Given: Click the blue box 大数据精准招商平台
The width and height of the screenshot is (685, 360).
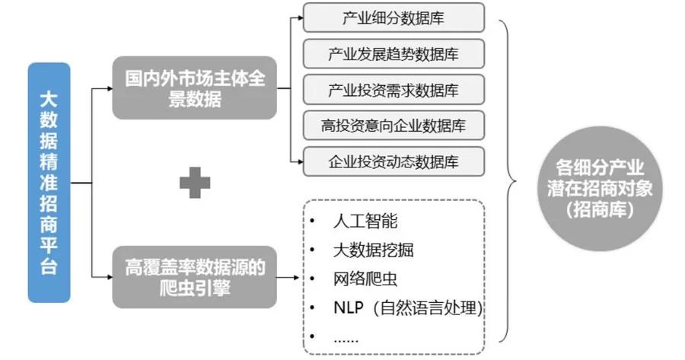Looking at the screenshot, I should (49, 183).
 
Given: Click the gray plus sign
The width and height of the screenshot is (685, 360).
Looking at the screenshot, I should (195, 183).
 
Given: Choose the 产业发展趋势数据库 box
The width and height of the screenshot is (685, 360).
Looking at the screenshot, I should (393, 54).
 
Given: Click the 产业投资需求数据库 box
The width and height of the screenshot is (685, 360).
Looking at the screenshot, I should (393, 90).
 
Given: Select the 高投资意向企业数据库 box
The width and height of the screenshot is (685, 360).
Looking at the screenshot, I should (393, 125).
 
